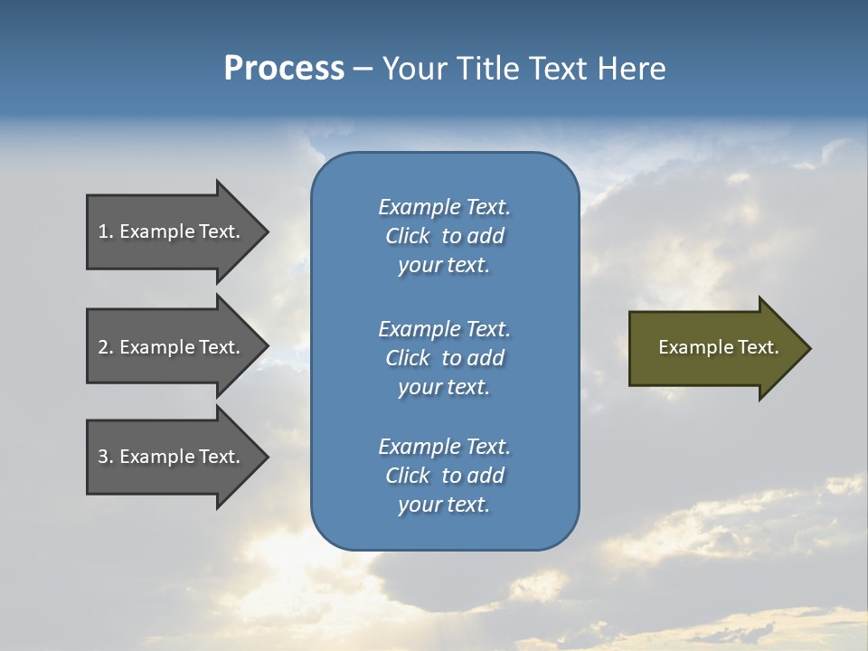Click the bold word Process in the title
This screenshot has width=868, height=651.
[284, 69]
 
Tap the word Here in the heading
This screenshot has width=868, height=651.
[631, 69]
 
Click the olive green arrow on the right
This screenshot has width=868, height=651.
[714, 347]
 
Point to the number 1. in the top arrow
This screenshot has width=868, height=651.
[106, 231]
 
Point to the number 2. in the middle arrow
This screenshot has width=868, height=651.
[106, 347]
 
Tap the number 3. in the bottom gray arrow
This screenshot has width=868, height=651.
[106, 457]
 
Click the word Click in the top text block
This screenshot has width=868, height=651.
[408, 236]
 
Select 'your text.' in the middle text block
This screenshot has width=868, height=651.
[444, 387]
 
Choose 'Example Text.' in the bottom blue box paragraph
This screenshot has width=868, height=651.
[444, 447]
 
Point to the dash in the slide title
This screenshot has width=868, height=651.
[363, 70]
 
